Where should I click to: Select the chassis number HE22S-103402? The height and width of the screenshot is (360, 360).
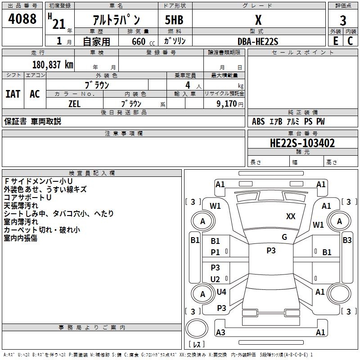click(302, 143)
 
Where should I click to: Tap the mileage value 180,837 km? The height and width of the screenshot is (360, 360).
click(52, 65)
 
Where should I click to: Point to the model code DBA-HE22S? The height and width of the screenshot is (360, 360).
click(258, 41)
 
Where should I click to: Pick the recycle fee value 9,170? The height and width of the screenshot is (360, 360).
click(225, 103)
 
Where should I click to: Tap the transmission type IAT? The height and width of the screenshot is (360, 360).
click(13, 94)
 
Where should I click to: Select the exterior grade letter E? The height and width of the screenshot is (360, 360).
click(335, 41)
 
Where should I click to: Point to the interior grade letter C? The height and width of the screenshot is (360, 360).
click(351, 41)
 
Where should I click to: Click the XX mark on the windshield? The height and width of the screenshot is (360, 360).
click(291, 216)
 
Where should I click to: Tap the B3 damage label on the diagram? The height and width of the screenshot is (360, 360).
click(347, 240)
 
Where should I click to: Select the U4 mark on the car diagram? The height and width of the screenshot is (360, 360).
click(221, 292)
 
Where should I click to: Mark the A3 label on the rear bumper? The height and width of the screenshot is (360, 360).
click(220, 332)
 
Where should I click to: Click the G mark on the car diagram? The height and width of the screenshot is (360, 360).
click(284, 237)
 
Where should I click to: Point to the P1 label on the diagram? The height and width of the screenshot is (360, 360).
click(216, 252)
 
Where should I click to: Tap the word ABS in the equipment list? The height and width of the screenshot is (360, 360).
click(258, 121)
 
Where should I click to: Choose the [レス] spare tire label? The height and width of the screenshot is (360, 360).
click(197, 345)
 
